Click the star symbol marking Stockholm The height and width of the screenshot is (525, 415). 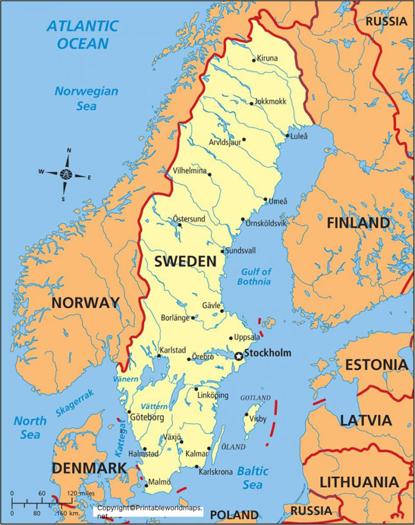coord(238,356)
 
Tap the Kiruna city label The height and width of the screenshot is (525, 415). coord(267,58)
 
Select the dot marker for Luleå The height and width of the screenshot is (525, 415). coord(287,136)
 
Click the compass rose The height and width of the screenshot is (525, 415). coord(66,174)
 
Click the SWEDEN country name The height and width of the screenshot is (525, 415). coord(185,262)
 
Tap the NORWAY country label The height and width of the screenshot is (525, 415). coord(85,303)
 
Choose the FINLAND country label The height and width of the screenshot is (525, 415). coord(358,223)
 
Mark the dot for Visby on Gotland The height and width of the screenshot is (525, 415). coord(246,415)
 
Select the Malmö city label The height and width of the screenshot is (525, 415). coord(159,482)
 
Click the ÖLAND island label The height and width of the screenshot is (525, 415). coord(233,447)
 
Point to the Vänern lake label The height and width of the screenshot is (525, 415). coord(125,380)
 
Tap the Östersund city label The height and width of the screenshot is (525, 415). coord(189,219)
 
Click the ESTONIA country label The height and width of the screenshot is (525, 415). coord(377,365)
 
